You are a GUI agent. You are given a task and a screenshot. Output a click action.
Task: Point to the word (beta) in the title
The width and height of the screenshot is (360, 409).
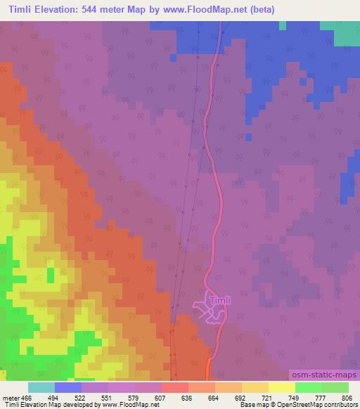pyautogui.click(x=258, y=9)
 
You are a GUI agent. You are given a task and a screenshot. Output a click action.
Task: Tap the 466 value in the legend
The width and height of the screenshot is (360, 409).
pyautogui.click(x=26, y=397)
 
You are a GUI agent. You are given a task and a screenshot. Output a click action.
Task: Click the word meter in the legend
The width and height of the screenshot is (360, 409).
pyautogui.click(x=10, y=397)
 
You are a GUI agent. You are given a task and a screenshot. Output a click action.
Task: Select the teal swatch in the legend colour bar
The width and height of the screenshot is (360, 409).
pyautogui.click(x=41, y=387)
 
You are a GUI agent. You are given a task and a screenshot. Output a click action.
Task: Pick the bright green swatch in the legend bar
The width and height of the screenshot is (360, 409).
pyautogui.click(x=308, y=387)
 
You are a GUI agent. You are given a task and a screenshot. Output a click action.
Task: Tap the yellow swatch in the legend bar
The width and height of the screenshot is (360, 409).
pyautogui.click(x=281, y=387)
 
